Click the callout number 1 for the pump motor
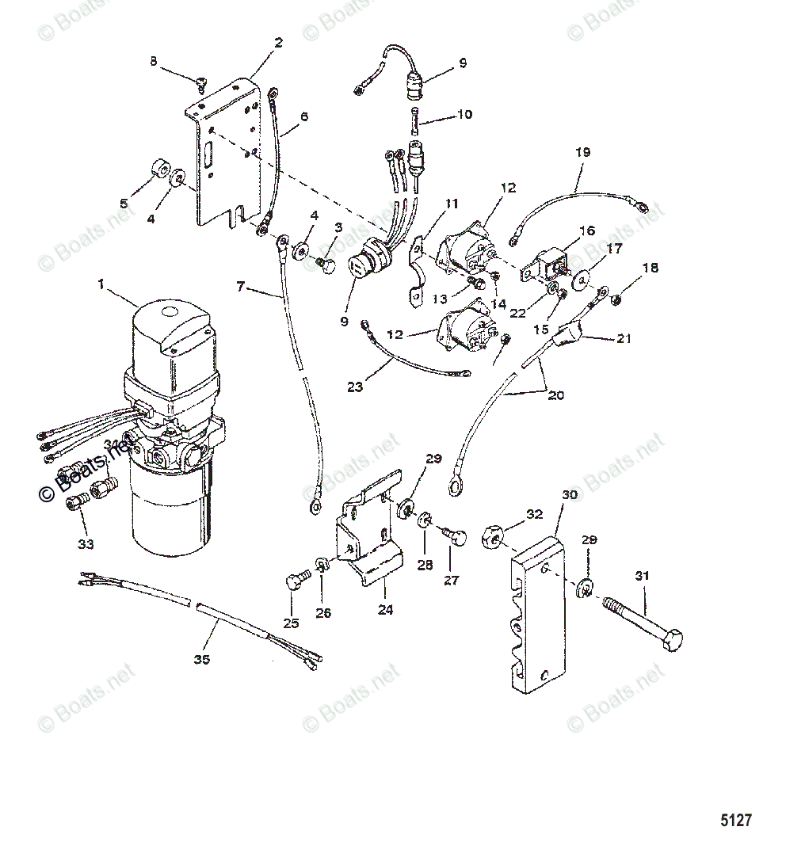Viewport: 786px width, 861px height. point(101,282)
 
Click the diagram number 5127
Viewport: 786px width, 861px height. point(734,820)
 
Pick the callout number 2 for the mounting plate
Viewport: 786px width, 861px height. point(277,43)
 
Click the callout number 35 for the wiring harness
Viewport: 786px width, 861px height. point(203,660)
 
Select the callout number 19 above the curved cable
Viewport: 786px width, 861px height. point(582,150)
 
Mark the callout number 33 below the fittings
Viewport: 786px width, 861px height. point(86,544)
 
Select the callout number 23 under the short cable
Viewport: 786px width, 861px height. point(357,387)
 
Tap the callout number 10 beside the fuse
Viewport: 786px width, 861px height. point(464,114)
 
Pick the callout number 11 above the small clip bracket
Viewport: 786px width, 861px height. point(451,204)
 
